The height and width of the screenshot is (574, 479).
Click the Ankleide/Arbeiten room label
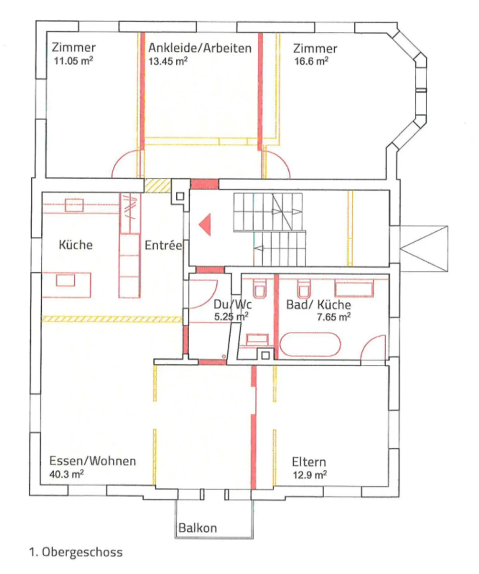(200, 48)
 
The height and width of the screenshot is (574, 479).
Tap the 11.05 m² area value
(73, 61)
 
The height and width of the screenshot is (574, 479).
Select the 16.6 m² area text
(311, 61)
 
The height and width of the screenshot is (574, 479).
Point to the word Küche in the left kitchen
(76, 245)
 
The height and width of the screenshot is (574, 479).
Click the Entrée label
(163, 246)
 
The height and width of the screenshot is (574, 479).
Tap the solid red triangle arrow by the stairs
(206, 225)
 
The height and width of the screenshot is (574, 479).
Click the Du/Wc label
(232, 304)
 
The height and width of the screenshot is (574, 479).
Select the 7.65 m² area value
(333, 317)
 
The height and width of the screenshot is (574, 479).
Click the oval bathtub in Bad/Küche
(310, 344)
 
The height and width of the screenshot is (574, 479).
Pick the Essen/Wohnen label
(92, 461)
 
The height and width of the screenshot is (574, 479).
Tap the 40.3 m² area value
(66, 474)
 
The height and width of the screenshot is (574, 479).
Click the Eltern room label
(309, 462)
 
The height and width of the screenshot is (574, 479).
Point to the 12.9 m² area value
(309, 475)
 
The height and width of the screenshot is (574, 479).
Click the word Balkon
(198, 528)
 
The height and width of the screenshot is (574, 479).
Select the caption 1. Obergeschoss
(76, 552)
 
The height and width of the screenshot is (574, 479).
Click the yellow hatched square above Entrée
(157, 186)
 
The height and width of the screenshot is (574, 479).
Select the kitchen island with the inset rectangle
(66, 285)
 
